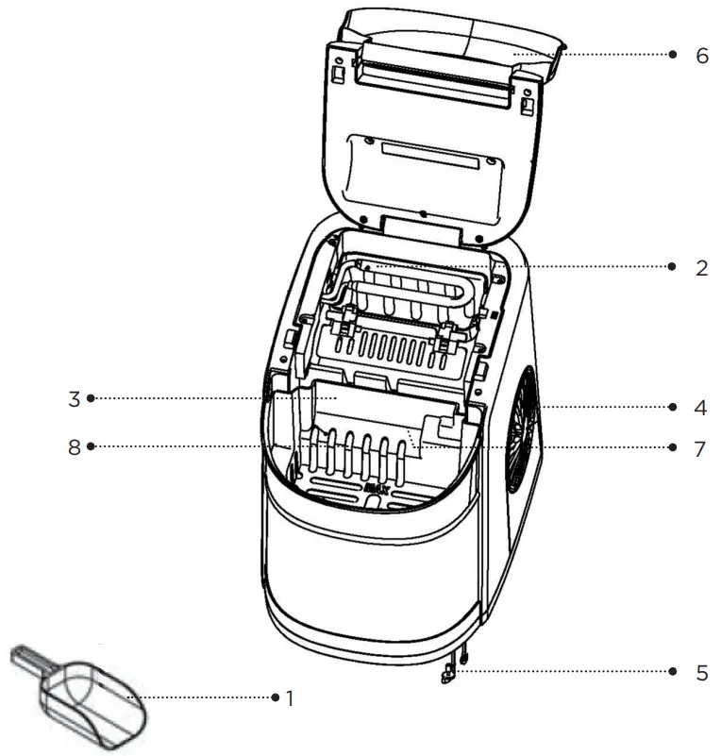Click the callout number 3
(x=74, y=398)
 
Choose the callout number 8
(x=74, y=448)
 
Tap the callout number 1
(x=290, y=698)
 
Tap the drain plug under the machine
(x=447, y=672)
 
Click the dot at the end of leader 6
(x=672, y=55)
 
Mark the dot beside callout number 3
(x=91, y=398)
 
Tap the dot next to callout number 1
(x=274, y=698)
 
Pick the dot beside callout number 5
(x=672, y=672)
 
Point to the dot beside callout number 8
(x=91, y=448)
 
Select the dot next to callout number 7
(x=672, y=448)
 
